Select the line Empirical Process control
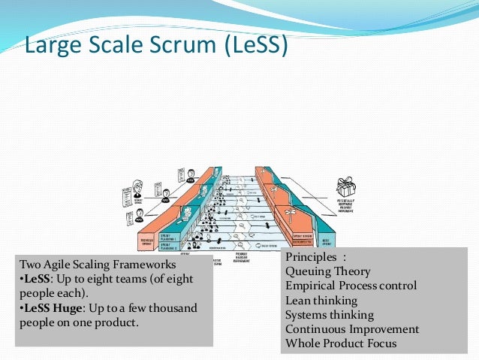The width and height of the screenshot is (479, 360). [x=351, y=286]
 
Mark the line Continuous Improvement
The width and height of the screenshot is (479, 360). [x=352, y=329]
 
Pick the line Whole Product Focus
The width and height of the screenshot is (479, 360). [x=341, y=344]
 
